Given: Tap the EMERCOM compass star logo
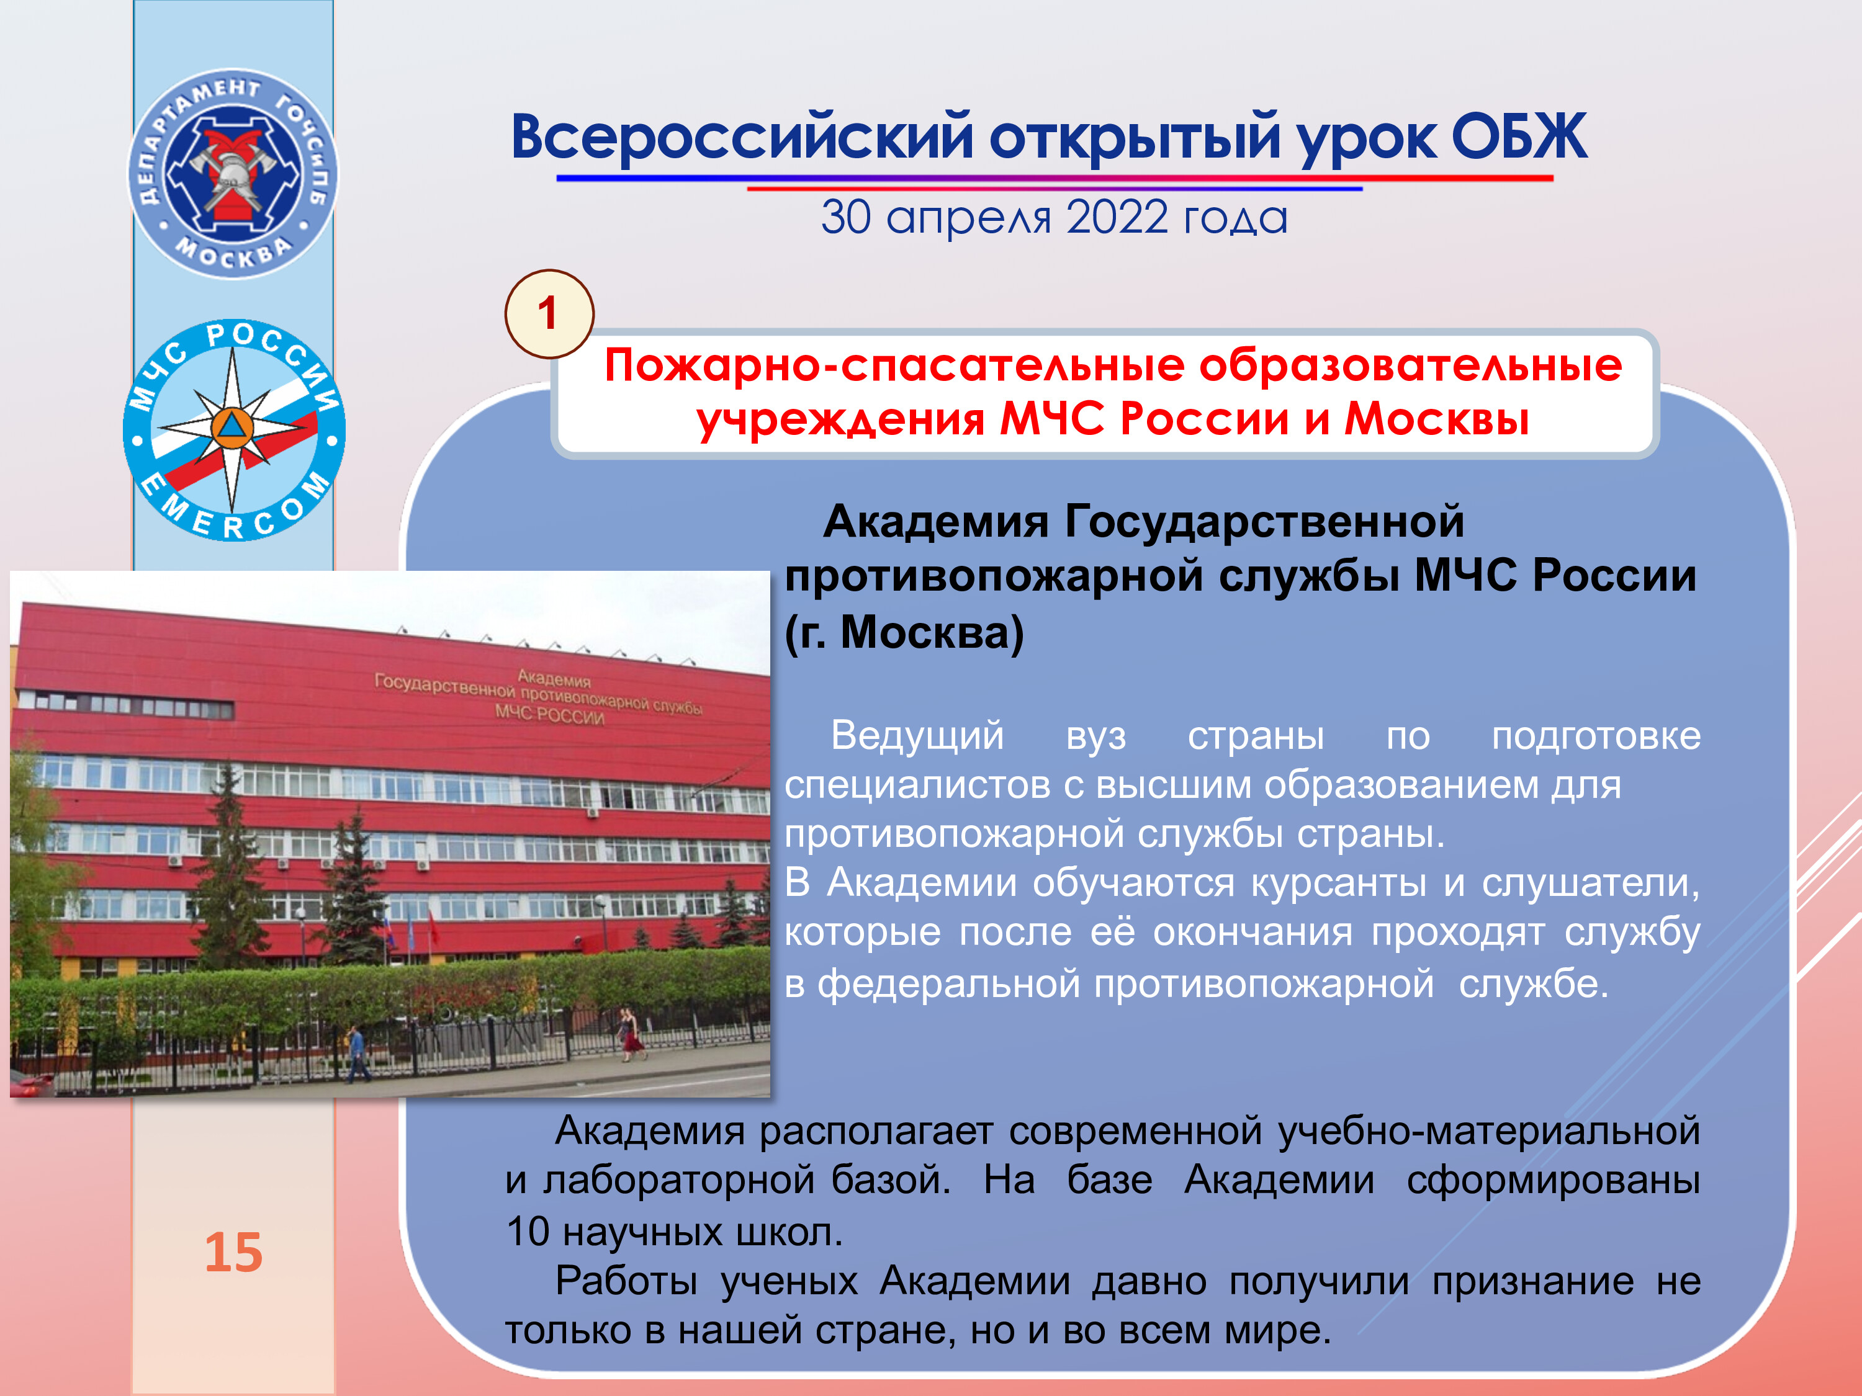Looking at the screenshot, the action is (x=234, y=430).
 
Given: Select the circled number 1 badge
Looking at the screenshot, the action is (x=549, y=314).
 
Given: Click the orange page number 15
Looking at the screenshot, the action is (x=234, y=1252).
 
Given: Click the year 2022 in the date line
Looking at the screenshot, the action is (x=1118, y=217).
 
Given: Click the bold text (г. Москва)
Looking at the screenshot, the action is (x=904, y=632).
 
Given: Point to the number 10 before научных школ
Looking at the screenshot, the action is (x=528, y=1231).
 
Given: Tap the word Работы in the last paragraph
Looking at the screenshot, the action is (x=626, y=1282).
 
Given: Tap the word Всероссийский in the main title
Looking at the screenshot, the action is (x=742, y=137).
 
